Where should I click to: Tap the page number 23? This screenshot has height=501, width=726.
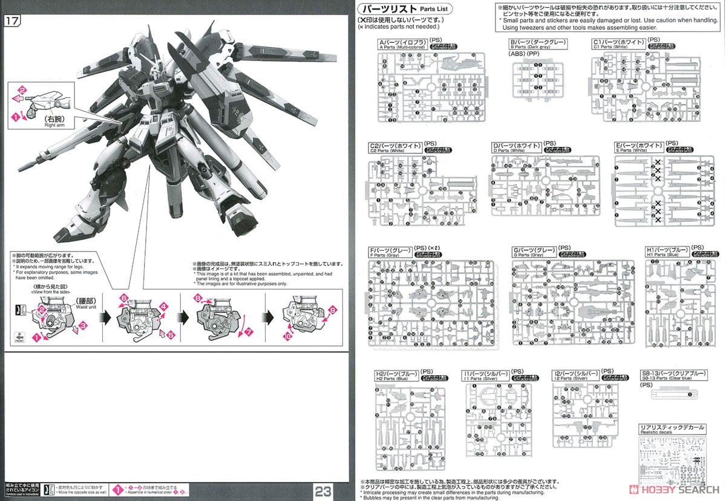(322, 491)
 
